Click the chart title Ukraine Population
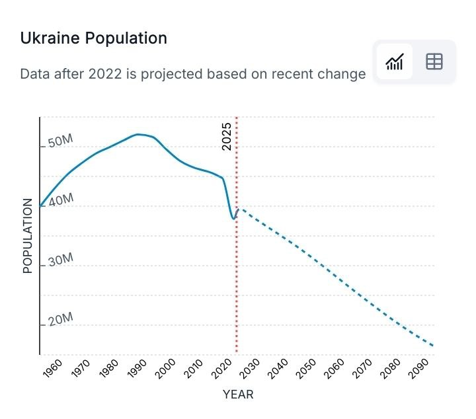pyautogui.click(x=93, y=38)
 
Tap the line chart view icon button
pyautogui.click(x=395, y=62)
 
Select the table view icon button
pyautogui.click(x=434, y=62)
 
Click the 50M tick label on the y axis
pyautogui.click(x=59, y=141)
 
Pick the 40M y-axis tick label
pyautogui.click(x=59, y=200)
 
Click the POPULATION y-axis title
pyautogui.click(x=28, y=236)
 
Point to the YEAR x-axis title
pyautogui.click(x=238, y=395)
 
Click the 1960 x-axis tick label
pyautogui.click(x=52, y=369)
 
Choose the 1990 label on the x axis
pyautogui.click(x=137, y=369)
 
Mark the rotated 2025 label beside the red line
pyautogui.click(x=227, y=136)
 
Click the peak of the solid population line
pyautogui.click(x=138, y=134)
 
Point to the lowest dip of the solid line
pyautogui.click(x=233, y=219)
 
